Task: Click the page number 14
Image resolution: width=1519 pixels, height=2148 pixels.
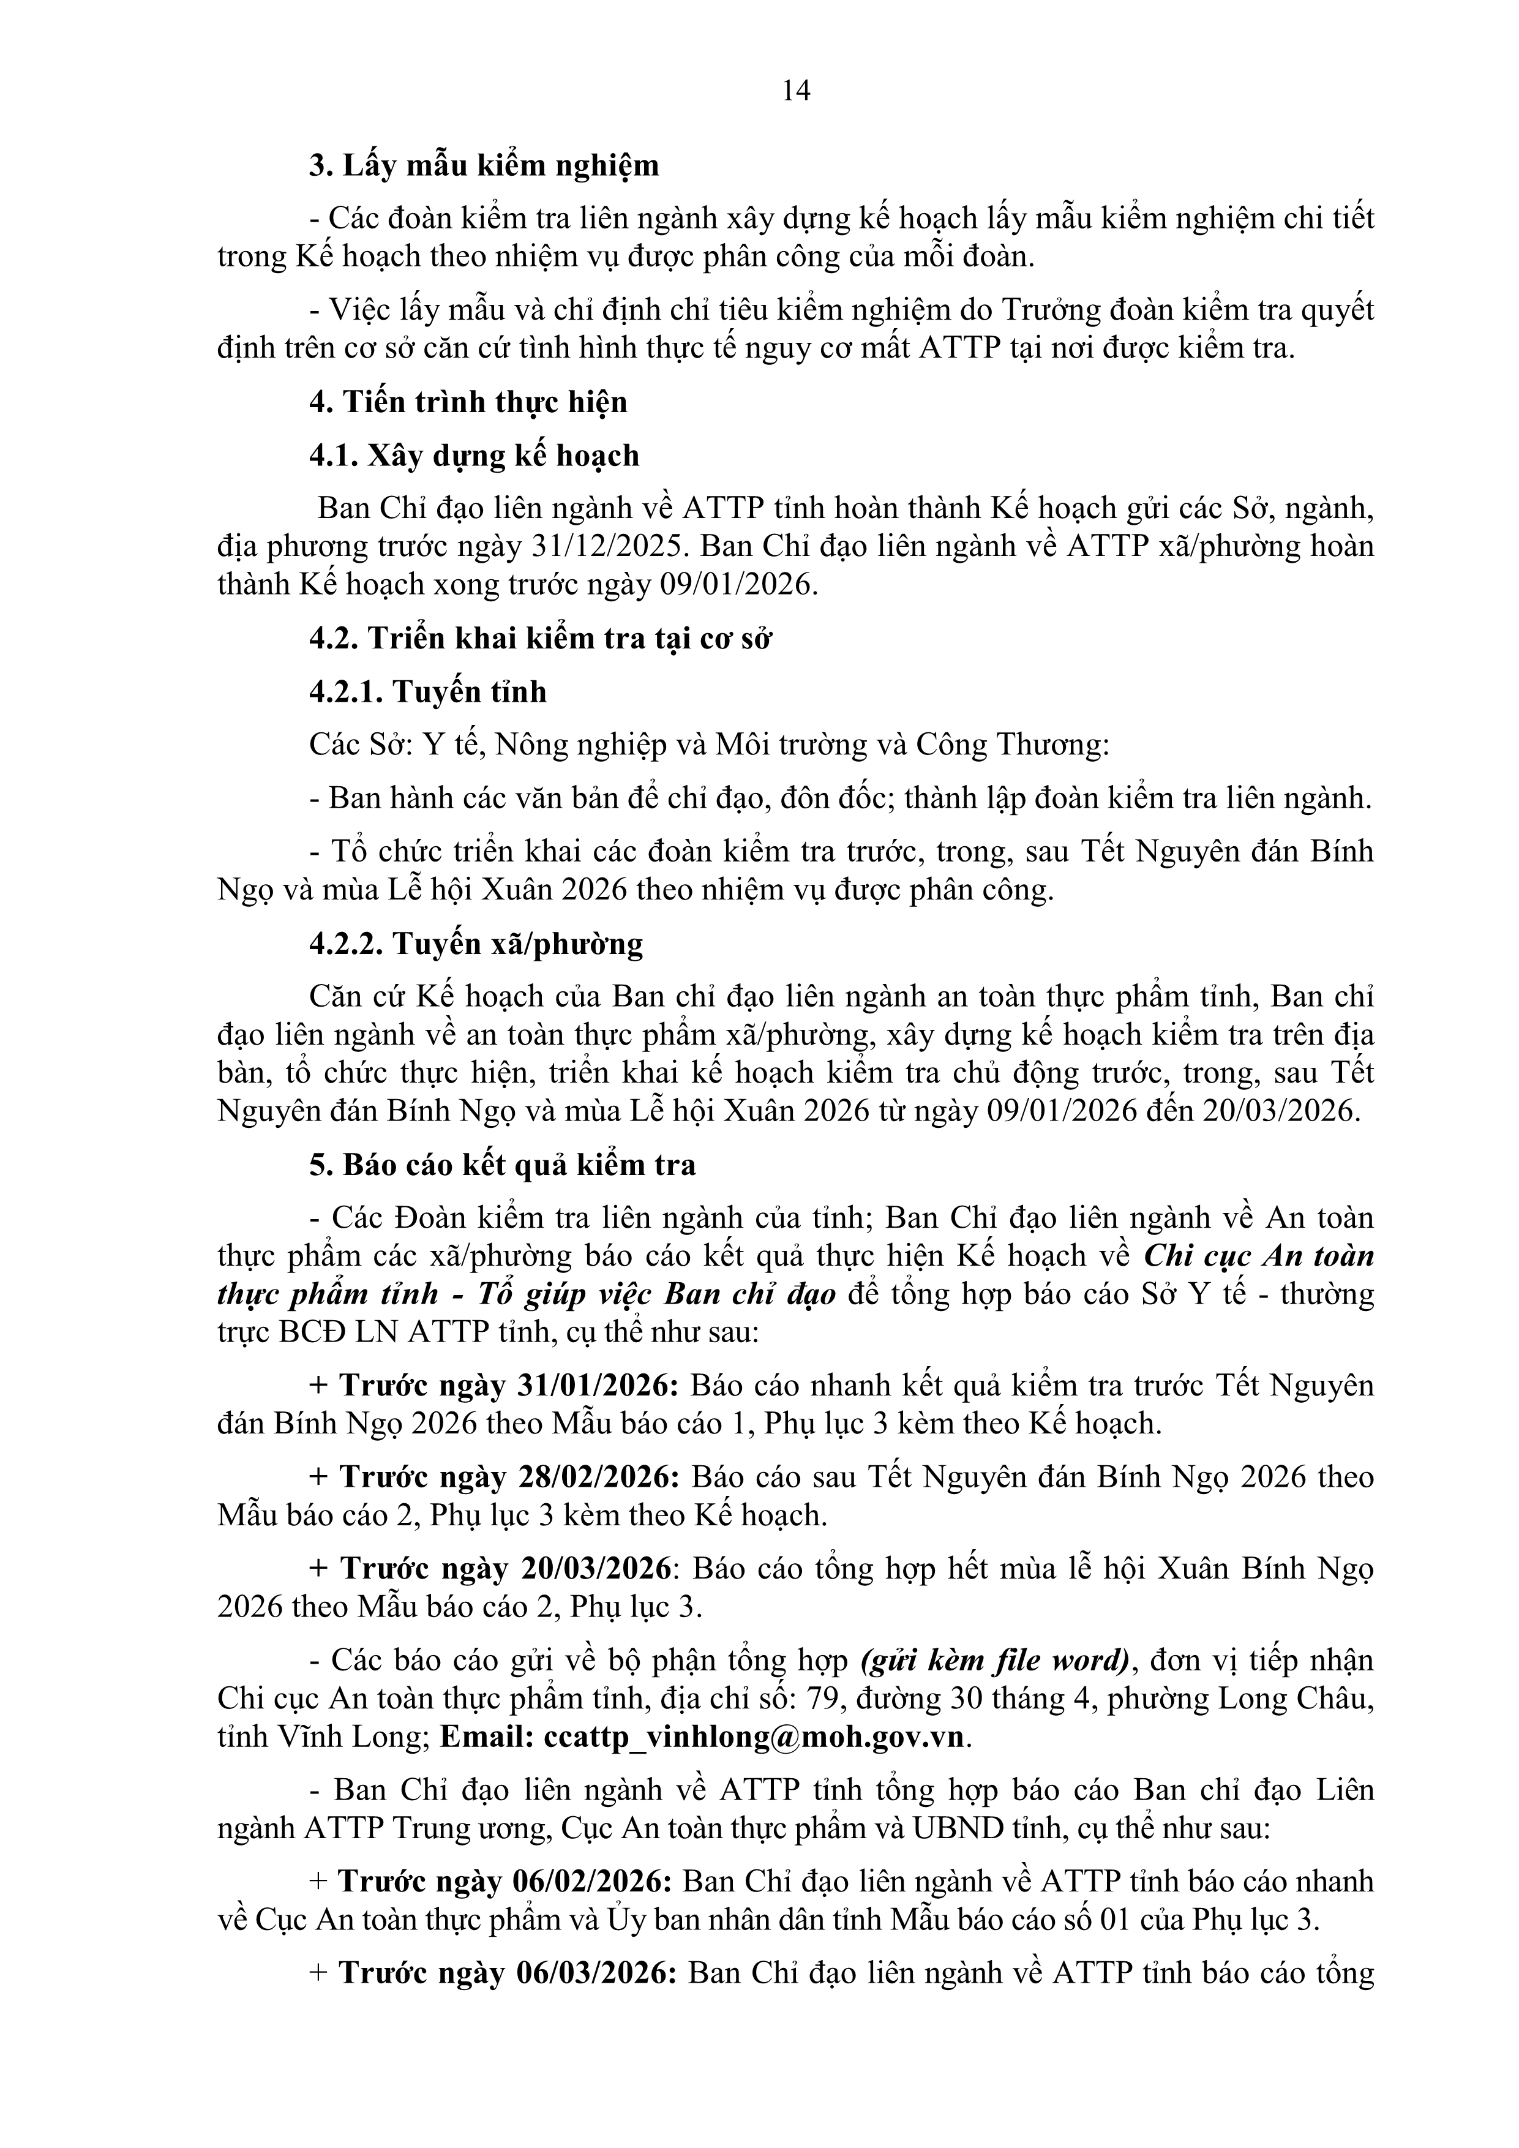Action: [x=796, y=91]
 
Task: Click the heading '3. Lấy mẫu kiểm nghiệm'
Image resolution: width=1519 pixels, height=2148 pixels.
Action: [x=484, y=165]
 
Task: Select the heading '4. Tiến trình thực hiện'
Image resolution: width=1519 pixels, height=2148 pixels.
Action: [x=468, y=402]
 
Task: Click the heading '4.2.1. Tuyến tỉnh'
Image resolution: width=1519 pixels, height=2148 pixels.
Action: [x=427, y=693]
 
